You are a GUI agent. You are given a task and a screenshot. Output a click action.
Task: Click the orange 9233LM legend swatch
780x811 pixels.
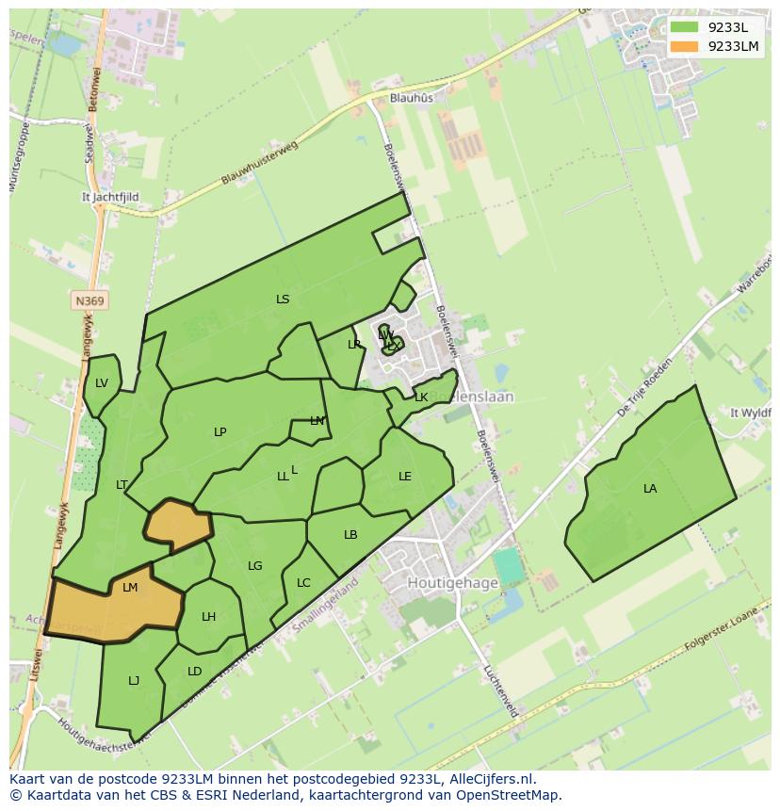click(685, 46)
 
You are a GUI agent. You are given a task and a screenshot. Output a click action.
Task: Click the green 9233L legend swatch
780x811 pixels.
click(685, 27)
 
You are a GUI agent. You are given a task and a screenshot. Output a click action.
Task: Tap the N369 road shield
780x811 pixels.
click(89, 300)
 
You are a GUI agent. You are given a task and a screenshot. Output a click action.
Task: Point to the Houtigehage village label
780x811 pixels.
click(452, 583)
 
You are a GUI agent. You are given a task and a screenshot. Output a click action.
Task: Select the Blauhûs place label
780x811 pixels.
click(412, 97)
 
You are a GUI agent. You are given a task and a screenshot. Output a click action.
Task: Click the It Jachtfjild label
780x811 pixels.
click(110, 198)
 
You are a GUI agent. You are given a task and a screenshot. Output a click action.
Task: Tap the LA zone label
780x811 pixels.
click(650, 488)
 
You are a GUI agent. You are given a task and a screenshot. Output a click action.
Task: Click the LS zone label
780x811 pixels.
click(283, 300)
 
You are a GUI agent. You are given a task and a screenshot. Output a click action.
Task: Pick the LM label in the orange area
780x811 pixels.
click(130, 587)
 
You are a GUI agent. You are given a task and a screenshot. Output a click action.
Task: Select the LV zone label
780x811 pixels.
click(102, 382)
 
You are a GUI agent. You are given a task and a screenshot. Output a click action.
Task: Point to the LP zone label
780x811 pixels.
click(219, 432)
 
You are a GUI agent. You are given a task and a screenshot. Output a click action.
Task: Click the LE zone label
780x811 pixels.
click(405, 476)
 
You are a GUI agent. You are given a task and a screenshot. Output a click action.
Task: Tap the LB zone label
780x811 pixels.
click(350, 534)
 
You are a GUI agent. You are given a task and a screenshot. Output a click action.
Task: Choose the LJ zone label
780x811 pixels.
click(134, 680)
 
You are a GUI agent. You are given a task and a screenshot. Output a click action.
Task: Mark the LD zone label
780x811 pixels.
click(194, 671)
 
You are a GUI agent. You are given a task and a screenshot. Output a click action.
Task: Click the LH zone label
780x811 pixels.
click(208, 617)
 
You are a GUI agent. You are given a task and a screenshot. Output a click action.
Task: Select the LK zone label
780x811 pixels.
click(421, 397)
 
